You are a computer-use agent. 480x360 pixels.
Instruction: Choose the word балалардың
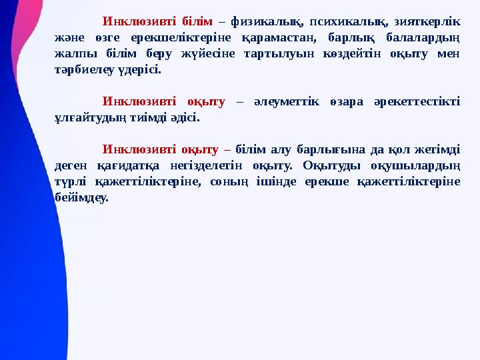point(423,35)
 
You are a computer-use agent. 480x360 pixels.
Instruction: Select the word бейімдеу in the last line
point(81,198)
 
